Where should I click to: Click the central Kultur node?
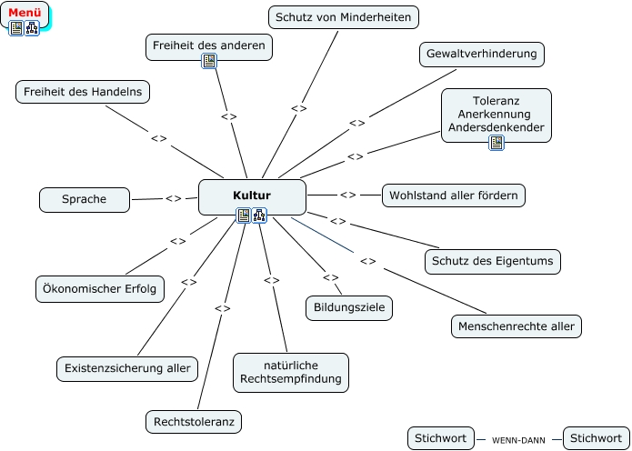252,195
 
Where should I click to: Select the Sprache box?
85,199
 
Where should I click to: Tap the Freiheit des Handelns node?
83,92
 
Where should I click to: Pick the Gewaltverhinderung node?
482,55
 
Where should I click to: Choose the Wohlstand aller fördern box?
454,195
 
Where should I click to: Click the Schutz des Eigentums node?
492,262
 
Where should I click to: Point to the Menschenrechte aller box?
517,326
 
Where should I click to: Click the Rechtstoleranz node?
195,422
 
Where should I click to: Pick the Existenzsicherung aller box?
127,368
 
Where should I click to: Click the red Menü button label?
25,12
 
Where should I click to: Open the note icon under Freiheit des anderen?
209,61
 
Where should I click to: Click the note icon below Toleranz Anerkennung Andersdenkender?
497,143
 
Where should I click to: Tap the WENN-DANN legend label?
518,440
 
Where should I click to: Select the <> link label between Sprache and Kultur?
173,198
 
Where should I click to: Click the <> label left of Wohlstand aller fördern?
347,195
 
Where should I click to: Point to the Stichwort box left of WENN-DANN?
440,438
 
